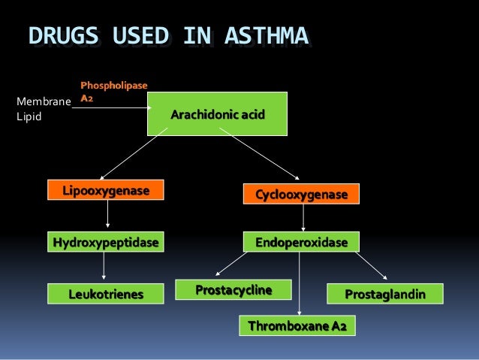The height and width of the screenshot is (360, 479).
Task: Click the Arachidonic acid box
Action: click(x=217, y=114)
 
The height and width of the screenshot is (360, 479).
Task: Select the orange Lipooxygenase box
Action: click(x=106, y=192)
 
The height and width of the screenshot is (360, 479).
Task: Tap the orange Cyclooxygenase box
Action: click(x=302, y=195)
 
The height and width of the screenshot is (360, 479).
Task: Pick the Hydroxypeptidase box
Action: click(x=106, y=243)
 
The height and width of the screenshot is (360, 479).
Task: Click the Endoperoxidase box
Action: click(x=301, y=243)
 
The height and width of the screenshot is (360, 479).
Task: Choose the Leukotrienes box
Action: click(x=106, y=294)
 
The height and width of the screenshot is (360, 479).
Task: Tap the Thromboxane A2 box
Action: click(x=297, y=325)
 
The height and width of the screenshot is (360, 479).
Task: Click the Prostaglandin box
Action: click(x=384, y=294)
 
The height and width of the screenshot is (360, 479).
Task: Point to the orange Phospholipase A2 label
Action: click(x=113, y=92)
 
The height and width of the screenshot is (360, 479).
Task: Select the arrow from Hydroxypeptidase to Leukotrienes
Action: click(x=104, y=266)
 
